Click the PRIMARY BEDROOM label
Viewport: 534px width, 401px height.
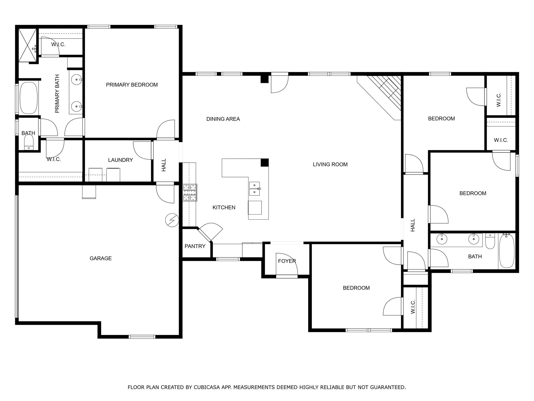tap(132, 85)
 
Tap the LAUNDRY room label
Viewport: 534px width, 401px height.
tap(120, 160)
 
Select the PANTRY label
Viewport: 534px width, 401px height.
tap(195, 246)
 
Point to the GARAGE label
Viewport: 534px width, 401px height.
tap(101, 258)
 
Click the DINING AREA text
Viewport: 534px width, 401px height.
tap(223, 119)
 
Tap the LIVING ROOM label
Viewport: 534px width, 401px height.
tap(330, 164)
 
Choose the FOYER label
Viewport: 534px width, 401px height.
tap(287, 261)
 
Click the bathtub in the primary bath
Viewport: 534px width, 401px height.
tap(28, 98)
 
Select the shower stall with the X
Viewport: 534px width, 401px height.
tap(27, 45)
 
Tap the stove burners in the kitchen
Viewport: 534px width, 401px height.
tap(190, 192)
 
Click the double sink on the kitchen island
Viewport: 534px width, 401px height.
tap(254, 188)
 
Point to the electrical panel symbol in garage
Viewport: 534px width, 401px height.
tap(172, 220)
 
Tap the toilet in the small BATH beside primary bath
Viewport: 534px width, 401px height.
tap(29, 143)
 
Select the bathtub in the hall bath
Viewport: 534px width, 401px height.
tap(507, 251)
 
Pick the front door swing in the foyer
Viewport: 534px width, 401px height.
tap(287, 264)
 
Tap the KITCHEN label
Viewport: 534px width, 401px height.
tap(224, 208)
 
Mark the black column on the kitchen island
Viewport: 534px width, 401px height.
tap(265, 162)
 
